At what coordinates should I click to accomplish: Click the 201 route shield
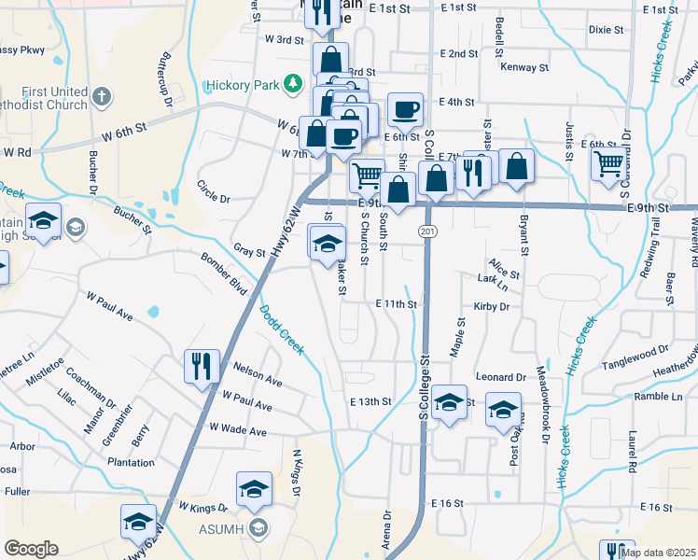[426, 230]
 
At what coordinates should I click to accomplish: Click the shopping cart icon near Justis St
[608, 164]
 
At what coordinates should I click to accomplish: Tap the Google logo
[31, 548]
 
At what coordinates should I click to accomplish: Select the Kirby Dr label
[491, 306]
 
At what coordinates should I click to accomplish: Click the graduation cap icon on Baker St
[328, 245]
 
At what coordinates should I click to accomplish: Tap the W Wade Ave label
[238, 431]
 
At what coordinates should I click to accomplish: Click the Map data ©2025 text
[658, 553]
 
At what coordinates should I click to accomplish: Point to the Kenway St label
[523, 67]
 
